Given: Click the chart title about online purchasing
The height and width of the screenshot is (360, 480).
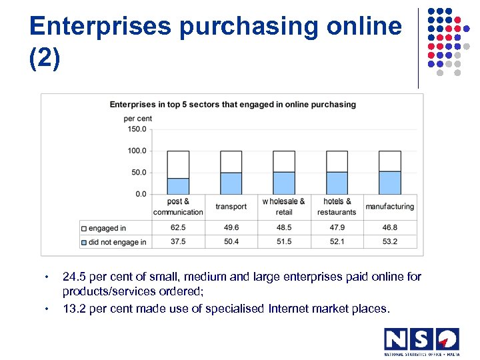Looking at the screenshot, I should point(233,105).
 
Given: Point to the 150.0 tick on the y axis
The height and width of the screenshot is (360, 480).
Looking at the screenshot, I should point(137,129).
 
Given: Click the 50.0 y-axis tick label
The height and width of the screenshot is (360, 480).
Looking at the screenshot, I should point(137,173).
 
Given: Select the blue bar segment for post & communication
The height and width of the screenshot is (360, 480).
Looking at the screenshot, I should point(178,186).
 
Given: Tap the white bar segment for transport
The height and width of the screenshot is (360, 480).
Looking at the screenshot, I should point(231,161).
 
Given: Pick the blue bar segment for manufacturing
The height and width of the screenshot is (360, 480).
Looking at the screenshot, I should point(389,183).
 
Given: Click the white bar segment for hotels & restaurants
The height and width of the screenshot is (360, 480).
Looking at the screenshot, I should point(337,161).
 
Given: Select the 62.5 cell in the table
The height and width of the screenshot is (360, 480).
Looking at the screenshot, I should point(178,227).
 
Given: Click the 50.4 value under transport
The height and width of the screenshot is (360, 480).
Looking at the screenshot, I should point(231,241).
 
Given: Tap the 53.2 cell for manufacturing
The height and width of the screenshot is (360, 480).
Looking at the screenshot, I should point(389,241).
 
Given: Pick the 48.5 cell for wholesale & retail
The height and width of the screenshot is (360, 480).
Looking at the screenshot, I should point(284,227).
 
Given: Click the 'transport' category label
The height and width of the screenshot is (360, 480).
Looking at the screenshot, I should point(231,207).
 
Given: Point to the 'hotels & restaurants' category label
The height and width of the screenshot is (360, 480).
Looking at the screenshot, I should point(337,207).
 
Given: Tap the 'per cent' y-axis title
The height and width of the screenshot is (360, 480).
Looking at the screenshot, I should point(137,119).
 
